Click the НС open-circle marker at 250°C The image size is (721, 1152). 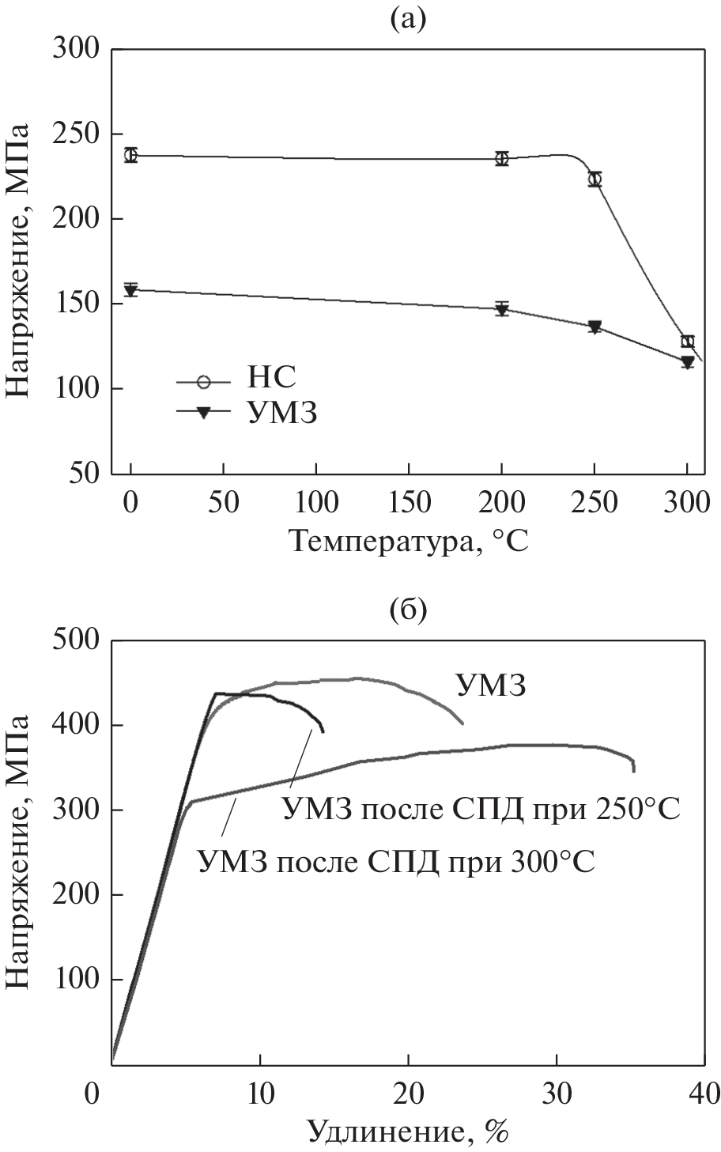595,179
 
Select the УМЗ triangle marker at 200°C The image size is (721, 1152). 502,309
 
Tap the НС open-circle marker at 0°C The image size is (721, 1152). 131,155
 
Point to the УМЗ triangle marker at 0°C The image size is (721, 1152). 131,290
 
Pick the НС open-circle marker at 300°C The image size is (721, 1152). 687,342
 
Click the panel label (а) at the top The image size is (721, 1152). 408,18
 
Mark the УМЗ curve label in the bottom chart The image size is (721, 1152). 490,686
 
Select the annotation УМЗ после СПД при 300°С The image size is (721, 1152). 396,859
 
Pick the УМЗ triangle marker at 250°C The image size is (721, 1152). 595,327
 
